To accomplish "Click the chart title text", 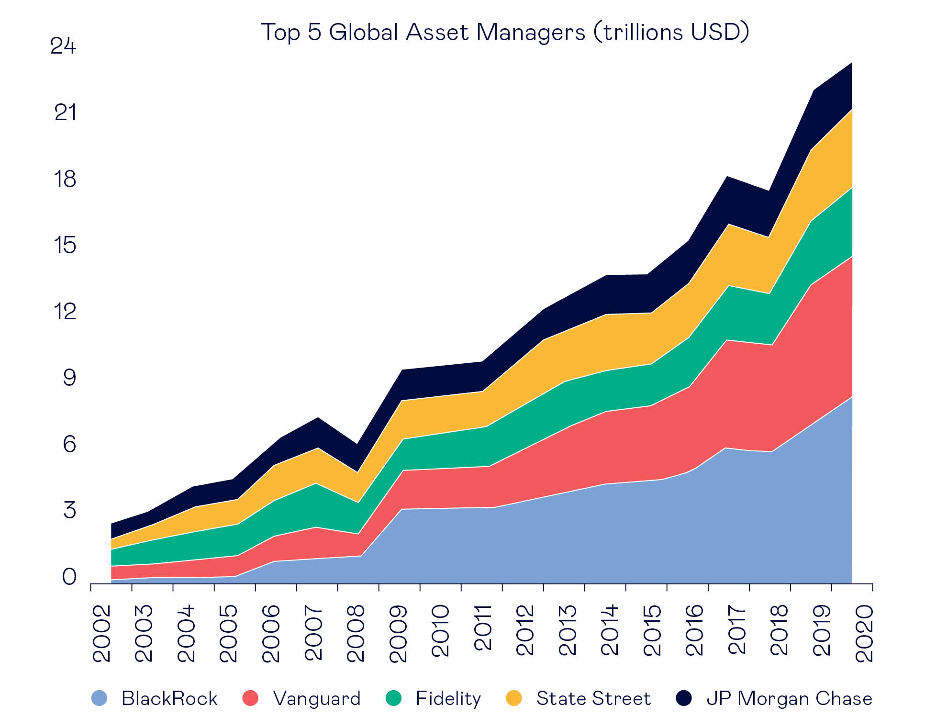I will coord(505,33).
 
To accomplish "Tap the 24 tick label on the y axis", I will coord(63,46).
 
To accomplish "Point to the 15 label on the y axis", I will coord(65,245).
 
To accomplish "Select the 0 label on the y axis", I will coord(69,577).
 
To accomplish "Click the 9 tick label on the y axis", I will coord(69,378).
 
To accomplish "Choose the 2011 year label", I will coord(483,628).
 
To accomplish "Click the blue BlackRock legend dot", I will coord(99,698).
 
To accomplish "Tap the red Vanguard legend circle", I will coord(250,698).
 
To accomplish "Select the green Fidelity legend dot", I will coord(393,698).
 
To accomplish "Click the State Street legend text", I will coord(593,698).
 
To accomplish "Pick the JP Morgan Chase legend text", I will coord(789,698).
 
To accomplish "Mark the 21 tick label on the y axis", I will coord(65,113).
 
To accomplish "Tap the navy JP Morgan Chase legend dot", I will coord(684,698).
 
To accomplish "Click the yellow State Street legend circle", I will coord(514,698).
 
